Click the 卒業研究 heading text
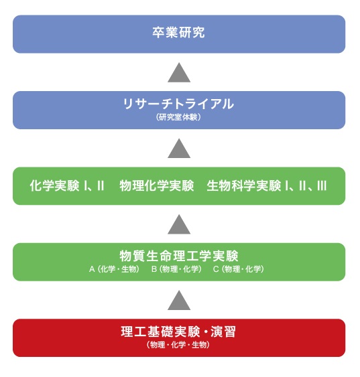click(178, 32)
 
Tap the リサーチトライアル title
click(178, 104)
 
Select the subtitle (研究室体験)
click(178, 117)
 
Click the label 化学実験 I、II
click(67, 186)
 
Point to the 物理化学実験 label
click(157, 186)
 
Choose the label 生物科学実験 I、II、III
click(267, 186)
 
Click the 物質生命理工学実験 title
click(179, 256)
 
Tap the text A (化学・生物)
click(115, 269)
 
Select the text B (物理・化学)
click(176, 269)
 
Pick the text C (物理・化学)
click(239, 269)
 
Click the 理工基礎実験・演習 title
click(178, 331)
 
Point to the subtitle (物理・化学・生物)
click(178, 345)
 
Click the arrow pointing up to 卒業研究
click(179, 72)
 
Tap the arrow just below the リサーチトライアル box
click(179, 149)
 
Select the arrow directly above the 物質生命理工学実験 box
click(179, 224)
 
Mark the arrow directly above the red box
click(179, 300)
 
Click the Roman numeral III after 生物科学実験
click(322, 186)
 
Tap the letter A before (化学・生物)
click(92, 269)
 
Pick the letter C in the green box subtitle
click(216, 269)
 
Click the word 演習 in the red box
click(223, 331)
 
